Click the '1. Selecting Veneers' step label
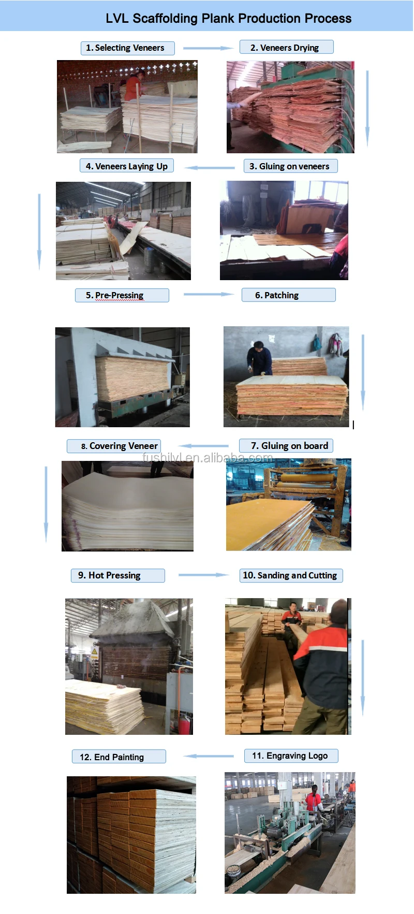(127, 48)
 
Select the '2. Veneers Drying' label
(286, 48)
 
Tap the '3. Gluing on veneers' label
(290, 166)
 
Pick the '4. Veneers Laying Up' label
(126, 166)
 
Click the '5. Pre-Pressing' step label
(122, 295)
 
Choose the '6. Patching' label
(288, 295)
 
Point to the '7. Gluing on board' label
(286, 446)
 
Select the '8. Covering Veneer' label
(114, 446)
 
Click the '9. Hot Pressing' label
(117, 575)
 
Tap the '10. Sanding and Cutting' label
(291, 575)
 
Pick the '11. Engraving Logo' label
(291, 756)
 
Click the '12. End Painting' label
(119, 757)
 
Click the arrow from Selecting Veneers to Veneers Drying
(209, 48)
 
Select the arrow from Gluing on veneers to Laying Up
(209, 167)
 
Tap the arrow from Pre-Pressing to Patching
(209, 294)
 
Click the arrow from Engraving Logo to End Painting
(209, 756)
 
